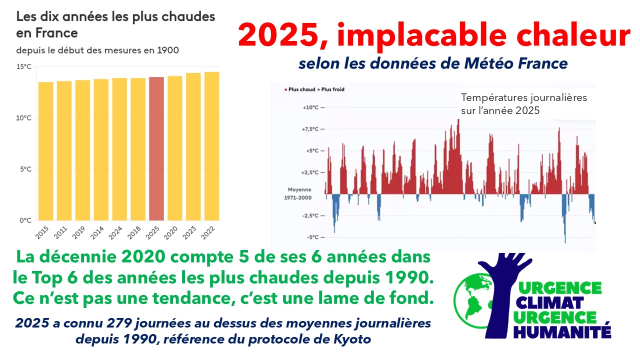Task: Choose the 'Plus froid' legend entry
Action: [x=332, y=89]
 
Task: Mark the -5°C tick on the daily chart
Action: [x=312, y=237]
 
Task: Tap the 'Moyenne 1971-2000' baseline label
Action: [x=299, y=194]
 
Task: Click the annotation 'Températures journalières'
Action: [x=523, y=98]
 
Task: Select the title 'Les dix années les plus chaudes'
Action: [x=116, y=16]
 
